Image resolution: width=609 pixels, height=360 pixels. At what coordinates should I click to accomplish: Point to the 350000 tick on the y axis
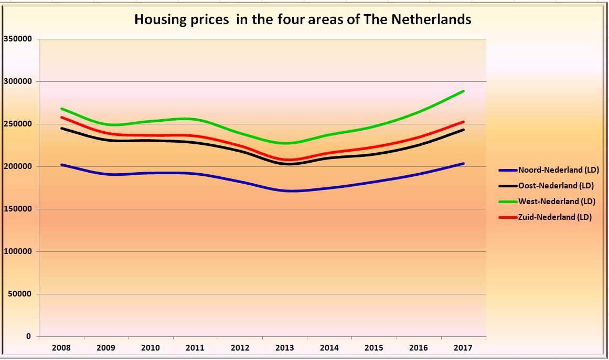[x=18, y=39]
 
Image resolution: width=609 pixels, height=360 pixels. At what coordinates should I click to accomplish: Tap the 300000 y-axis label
[x=18, y=81]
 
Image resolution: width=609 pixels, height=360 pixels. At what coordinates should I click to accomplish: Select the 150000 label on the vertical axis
[x=18, y=209]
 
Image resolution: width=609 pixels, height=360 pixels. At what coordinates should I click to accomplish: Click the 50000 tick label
[x=20, y=294]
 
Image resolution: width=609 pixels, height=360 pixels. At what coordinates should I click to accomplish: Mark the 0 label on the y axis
[x=29, y=336]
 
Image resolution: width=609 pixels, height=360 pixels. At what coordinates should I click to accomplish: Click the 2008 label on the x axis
[x=61, y=348]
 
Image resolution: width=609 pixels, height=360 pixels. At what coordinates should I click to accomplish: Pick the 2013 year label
[x=285, y=348]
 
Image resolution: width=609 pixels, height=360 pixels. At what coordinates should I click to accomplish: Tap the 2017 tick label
[x=463, y=348]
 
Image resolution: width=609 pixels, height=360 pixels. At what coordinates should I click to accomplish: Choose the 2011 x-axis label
[x=196, y=348]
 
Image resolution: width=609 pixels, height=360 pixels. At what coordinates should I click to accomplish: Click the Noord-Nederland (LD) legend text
[x=558, y=170]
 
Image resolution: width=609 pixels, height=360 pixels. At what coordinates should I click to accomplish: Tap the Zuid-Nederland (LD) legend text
[x=554, y=217]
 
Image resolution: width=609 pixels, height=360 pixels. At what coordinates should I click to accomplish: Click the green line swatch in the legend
[x=507, y=202]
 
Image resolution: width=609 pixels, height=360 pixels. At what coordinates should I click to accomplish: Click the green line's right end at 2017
[x=464, y=91]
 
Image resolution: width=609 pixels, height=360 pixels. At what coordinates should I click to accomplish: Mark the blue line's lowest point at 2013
[x=290, y=191]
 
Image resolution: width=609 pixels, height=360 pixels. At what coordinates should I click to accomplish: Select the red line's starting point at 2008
[x=61, y=117]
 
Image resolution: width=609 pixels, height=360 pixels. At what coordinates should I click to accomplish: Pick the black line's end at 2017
[x=464, y=130]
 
